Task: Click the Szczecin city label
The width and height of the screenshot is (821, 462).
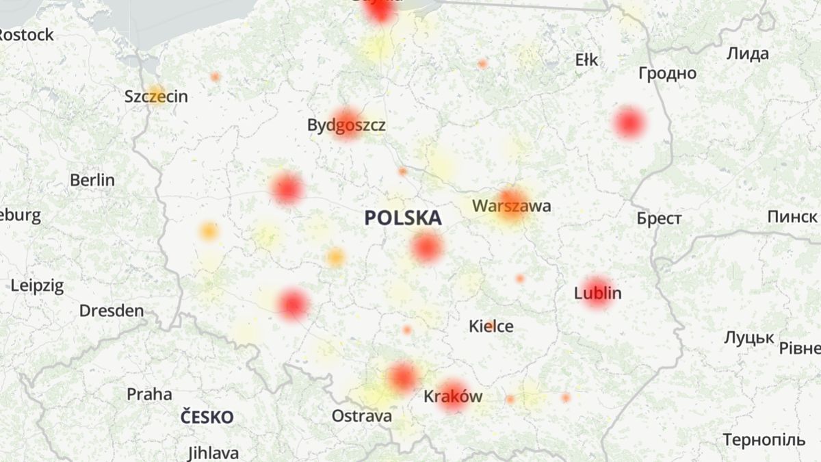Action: click(156, 97)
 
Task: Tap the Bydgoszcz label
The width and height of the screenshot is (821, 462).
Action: click(346, 125)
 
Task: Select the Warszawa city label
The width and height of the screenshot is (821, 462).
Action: click(511, 205)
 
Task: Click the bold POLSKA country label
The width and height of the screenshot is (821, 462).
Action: click(403, 218)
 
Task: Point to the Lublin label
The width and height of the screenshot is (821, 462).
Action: click(598, 294)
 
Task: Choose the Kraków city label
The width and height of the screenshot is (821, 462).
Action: click(453, 396)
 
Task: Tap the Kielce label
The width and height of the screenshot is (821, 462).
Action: click(491, 326)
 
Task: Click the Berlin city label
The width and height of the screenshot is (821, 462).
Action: click(92, 181)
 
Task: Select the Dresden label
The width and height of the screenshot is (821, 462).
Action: click(112, 311)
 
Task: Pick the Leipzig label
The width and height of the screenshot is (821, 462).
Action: click(38, 285)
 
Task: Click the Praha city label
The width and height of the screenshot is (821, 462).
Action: click(149, 394)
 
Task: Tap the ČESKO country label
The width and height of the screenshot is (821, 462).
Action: click(207, 417)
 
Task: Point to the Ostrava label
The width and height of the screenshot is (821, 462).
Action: click(362, 416)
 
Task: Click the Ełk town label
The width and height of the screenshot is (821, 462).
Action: click(586, 60)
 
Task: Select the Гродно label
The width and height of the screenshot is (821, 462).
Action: click(667, 73)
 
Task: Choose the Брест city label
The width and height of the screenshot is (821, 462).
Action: click(659, 219)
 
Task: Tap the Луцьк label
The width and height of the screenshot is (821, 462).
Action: click(749, 337)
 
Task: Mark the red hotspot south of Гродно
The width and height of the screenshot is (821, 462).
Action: click(629, 123)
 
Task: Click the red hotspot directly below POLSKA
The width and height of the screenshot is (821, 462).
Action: click(427, 248)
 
